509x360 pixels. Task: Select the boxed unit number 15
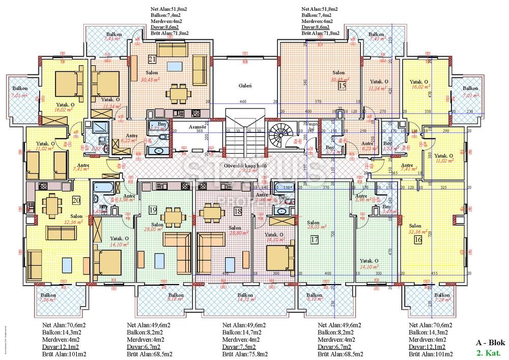coord(342,86)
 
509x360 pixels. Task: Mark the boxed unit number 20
coord(77,200)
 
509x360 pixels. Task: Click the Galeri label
coord(245,86)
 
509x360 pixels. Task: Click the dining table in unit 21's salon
coord(178,93)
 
